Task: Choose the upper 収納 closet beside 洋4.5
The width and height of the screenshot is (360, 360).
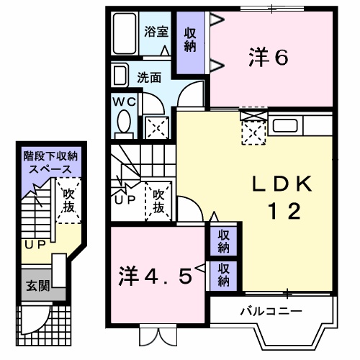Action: (x=224, y=241)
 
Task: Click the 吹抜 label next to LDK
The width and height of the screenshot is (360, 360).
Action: (x=160, y=202)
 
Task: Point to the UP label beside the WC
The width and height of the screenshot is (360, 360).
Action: (x=126, y=199)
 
